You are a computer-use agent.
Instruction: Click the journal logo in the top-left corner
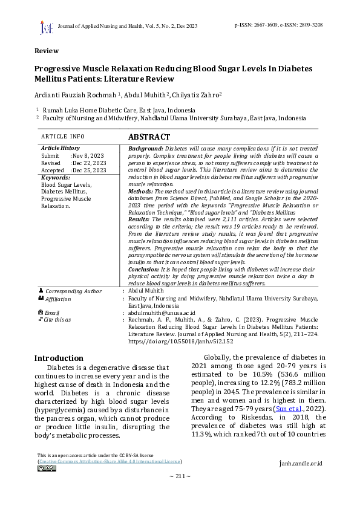tap(46, 28)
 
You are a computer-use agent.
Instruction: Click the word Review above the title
tap(46, 51)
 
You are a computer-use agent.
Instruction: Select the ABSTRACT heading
tap(149, 137)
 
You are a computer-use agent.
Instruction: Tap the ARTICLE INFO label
tap(63, 137)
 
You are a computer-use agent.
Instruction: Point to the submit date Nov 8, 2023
tap(89, 156)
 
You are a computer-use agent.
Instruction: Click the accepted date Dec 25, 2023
tap(90, 170)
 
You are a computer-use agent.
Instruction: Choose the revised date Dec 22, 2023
tap(90, 163)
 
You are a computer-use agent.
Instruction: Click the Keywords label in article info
tap(55, 178)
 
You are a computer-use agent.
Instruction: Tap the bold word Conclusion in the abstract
tap(145, 269)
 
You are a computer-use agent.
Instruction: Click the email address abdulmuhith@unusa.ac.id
tap(162, 313)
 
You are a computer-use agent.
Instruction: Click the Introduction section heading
tap(59, 358)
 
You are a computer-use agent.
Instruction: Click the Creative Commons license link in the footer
tap(110, 461)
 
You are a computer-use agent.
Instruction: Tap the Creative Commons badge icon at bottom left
tap(46, 468)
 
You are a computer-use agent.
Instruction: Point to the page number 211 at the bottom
tap(180, 476)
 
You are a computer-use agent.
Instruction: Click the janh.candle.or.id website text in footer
tap(301, 464)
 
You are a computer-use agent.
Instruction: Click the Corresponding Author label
tap(74, 291)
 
